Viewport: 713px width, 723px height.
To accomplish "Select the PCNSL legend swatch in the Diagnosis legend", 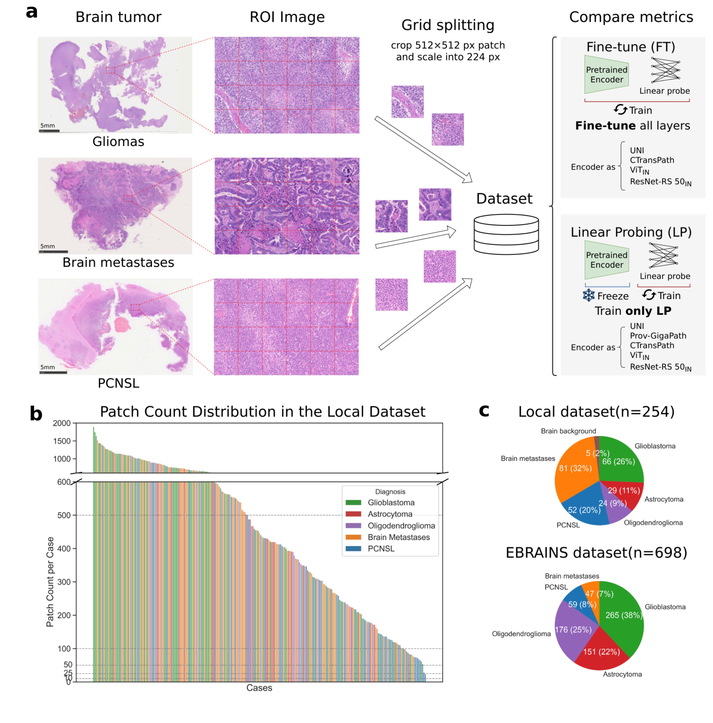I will (x=353, y=549).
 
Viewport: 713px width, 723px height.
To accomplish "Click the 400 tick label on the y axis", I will (x=64, y=549).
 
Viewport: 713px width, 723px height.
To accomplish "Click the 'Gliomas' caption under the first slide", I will (x=118, y=142).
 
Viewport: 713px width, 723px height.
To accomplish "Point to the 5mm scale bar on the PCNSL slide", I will (x=53, y=372).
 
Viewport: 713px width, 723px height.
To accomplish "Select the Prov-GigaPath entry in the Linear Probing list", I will (x=658, y=336).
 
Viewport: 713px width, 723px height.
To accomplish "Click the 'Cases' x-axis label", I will (x=259, y=688).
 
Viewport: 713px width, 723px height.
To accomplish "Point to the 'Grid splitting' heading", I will (x=447, y=25).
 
